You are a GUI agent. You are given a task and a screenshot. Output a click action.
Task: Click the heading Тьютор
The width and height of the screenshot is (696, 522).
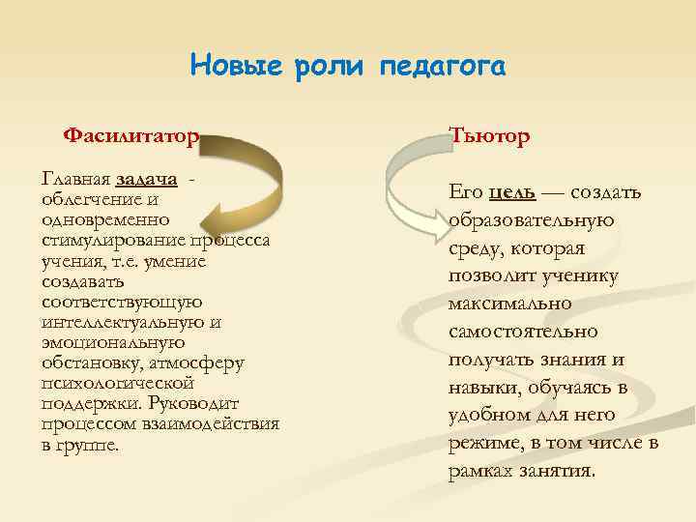[x=489, y=136]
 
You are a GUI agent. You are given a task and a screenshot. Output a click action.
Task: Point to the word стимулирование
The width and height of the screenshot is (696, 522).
[x=109, y=240]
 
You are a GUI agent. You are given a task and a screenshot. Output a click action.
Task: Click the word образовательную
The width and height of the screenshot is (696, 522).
[x=532, y=219]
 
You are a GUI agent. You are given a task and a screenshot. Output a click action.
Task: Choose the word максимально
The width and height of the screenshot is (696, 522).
[x=510, y=304]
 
